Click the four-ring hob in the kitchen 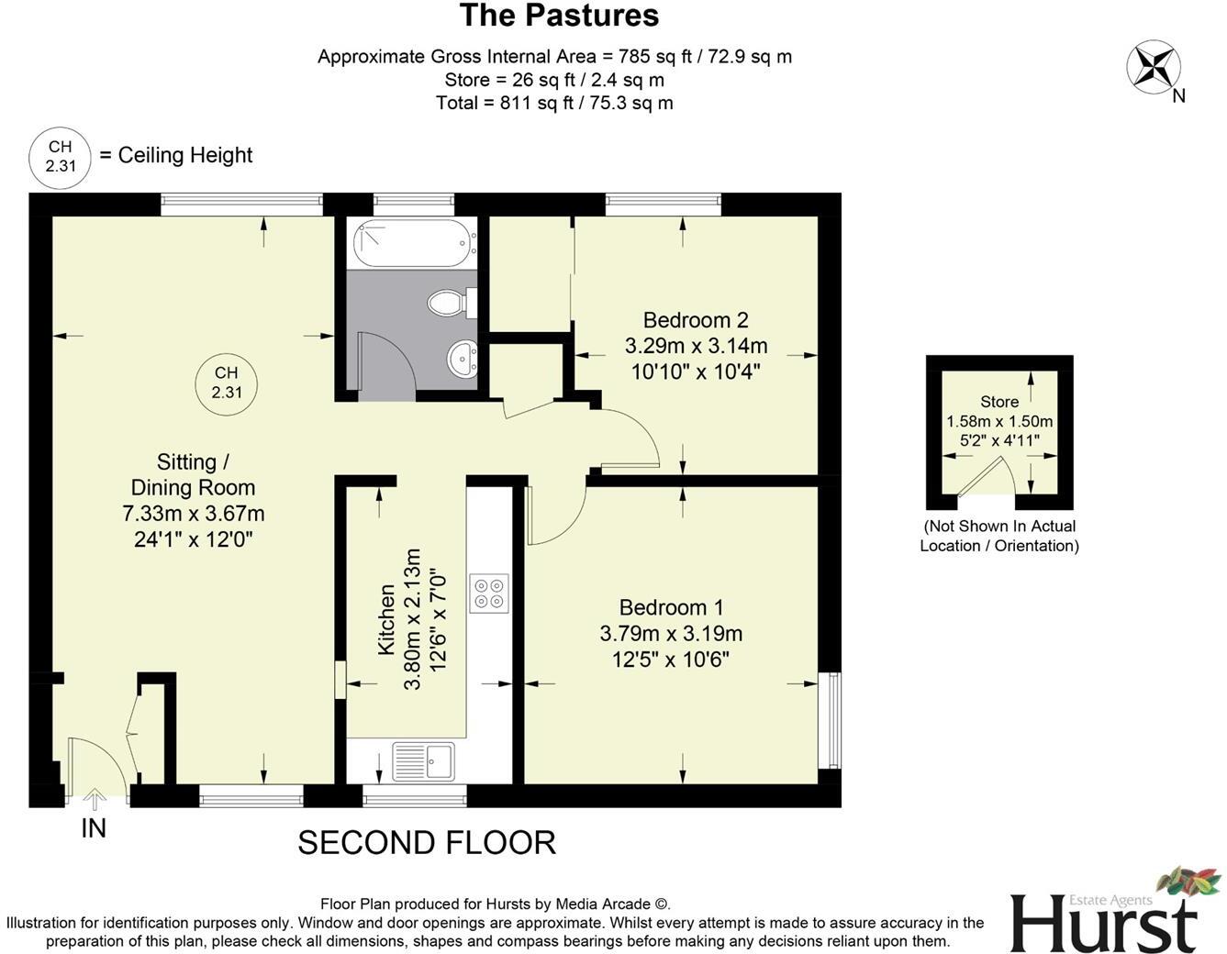[488, 593]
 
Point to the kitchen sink [423, 761]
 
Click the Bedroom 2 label [696, 320]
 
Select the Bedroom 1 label [671, 607]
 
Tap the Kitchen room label [386, 620]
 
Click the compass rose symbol [1153, 68]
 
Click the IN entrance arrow [94, 800]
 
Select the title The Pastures [558, 16]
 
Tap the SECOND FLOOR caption [427, 842]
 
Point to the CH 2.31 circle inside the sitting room [227, 383]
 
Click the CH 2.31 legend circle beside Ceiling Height [60, 157]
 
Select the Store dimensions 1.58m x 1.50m [999, 422]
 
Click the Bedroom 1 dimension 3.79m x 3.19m [671, 634]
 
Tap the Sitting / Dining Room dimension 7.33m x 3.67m [194, 514]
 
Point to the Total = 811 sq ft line [554, 103]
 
